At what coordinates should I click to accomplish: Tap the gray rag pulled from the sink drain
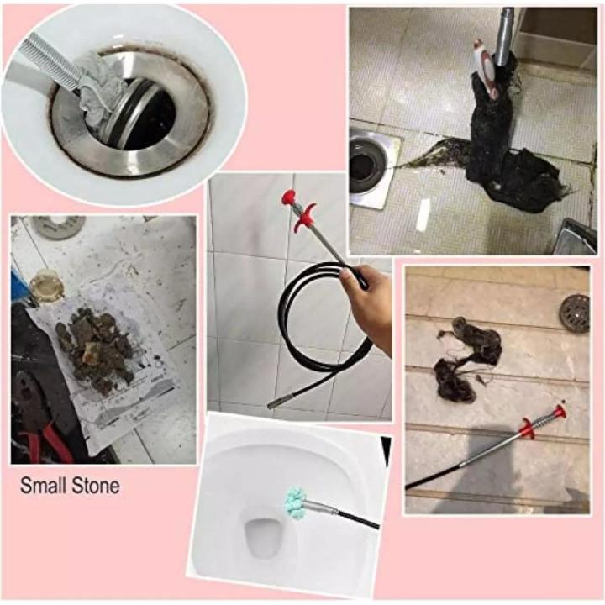point(102,89)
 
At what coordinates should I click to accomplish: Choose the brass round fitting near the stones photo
point(46,286)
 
